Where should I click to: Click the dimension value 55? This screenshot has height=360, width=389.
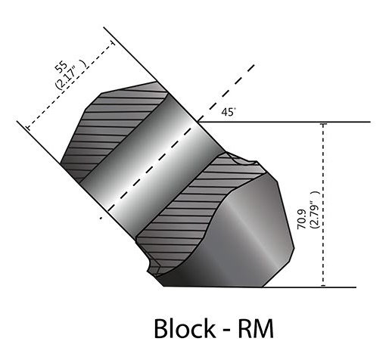61,67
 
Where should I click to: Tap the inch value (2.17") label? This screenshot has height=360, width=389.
71,74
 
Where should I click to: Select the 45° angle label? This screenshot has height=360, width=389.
229,112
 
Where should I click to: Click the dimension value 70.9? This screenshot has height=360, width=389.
302,219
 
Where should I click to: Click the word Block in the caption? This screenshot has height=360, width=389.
185,328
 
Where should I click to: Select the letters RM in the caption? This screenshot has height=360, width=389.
256,329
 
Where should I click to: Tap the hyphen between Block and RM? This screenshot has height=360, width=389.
227,331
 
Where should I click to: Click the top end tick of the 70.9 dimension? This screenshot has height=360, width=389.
323,124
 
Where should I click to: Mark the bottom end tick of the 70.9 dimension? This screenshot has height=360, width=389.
323,286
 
